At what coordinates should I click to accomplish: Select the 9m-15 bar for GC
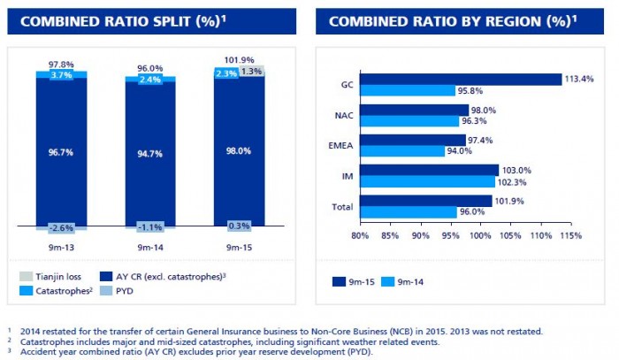461,80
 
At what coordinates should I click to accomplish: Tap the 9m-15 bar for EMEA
412,140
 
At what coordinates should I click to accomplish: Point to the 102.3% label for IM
509,181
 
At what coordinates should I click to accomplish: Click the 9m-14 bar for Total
408,212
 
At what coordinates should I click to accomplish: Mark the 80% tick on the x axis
360,235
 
